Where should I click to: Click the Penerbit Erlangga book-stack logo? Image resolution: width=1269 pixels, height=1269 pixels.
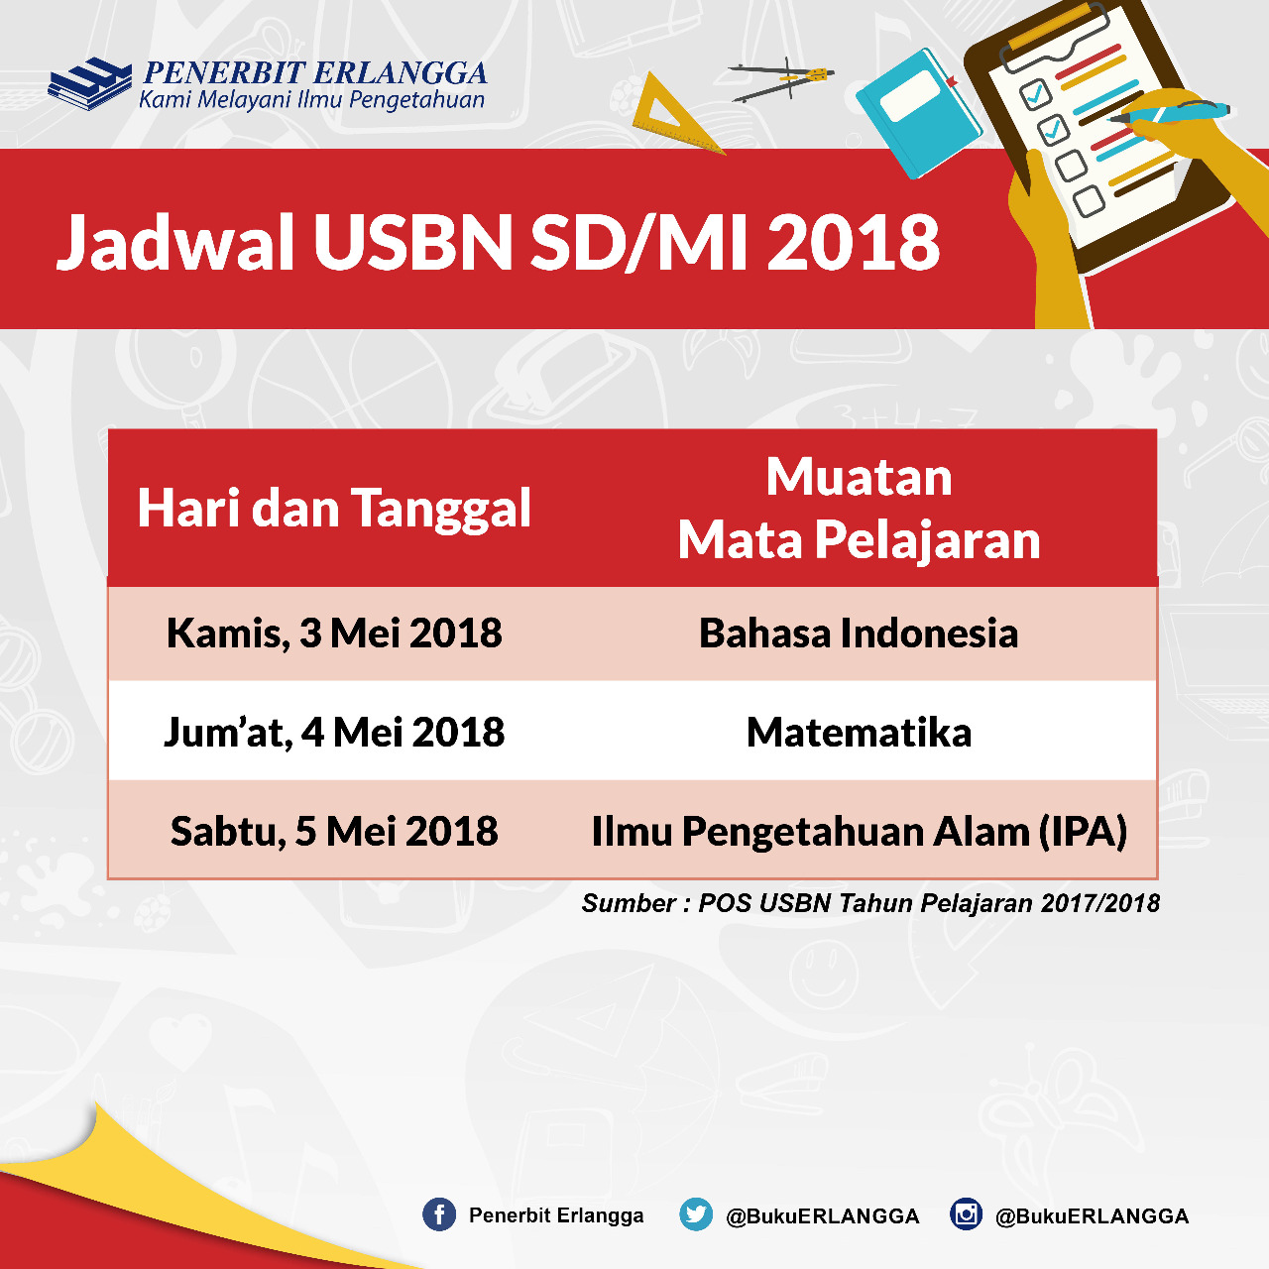pos(89,83)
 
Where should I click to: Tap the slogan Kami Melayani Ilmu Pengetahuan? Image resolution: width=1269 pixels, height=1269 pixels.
pos(312,100)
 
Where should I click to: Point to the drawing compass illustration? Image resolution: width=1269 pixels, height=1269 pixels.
pos(781,80)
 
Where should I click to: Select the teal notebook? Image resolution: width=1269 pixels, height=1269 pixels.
pos(920,113)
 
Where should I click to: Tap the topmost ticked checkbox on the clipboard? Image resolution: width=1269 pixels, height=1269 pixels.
pos(1035,94)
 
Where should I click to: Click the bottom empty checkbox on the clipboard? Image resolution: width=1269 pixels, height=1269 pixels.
pos(1089,201)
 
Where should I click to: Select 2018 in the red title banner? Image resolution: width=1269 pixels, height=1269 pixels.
pos(853,241)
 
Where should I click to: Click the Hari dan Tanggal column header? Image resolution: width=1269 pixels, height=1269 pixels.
pos(334,509)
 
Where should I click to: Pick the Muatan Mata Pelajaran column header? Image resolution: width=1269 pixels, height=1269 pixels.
pos(859,508)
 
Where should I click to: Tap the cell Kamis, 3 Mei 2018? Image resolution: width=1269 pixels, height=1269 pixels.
pos(334,633)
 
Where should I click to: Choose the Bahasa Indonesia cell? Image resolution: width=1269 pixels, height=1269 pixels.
pos(859,633)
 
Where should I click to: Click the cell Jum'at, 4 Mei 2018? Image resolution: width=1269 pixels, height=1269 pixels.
pos(334,732)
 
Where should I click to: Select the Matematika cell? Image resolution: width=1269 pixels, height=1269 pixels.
pos(859,732)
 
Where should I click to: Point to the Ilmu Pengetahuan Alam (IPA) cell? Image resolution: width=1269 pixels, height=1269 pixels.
pos(859,831)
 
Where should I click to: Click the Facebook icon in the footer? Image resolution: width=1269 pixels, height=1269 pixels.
pos(438,1214)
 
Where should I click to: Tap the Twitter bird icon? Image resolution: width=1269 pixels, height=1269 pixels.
pos(695,1214)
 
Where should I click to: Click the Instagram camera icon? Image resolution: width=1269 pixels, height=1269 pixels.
pos(966,1214)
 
